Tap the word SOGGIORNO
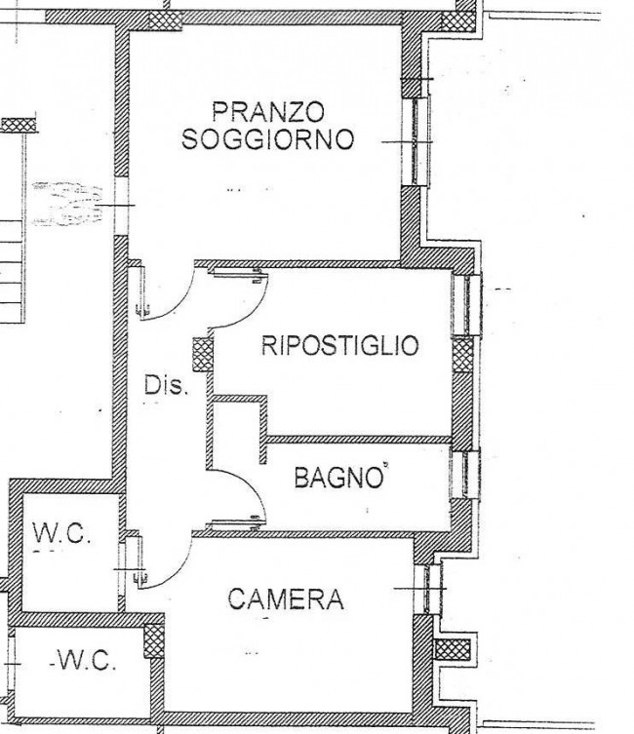coord(266,139)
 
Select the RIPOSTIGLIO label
coord(339,346)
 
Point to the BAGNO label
coord(337,478)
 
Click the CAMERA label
coord(286,599)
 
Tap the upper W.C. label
coord(63,533)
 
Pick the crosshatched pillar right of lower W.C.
coord(154,641)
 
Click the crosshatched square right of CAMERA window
coord(453,649)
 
